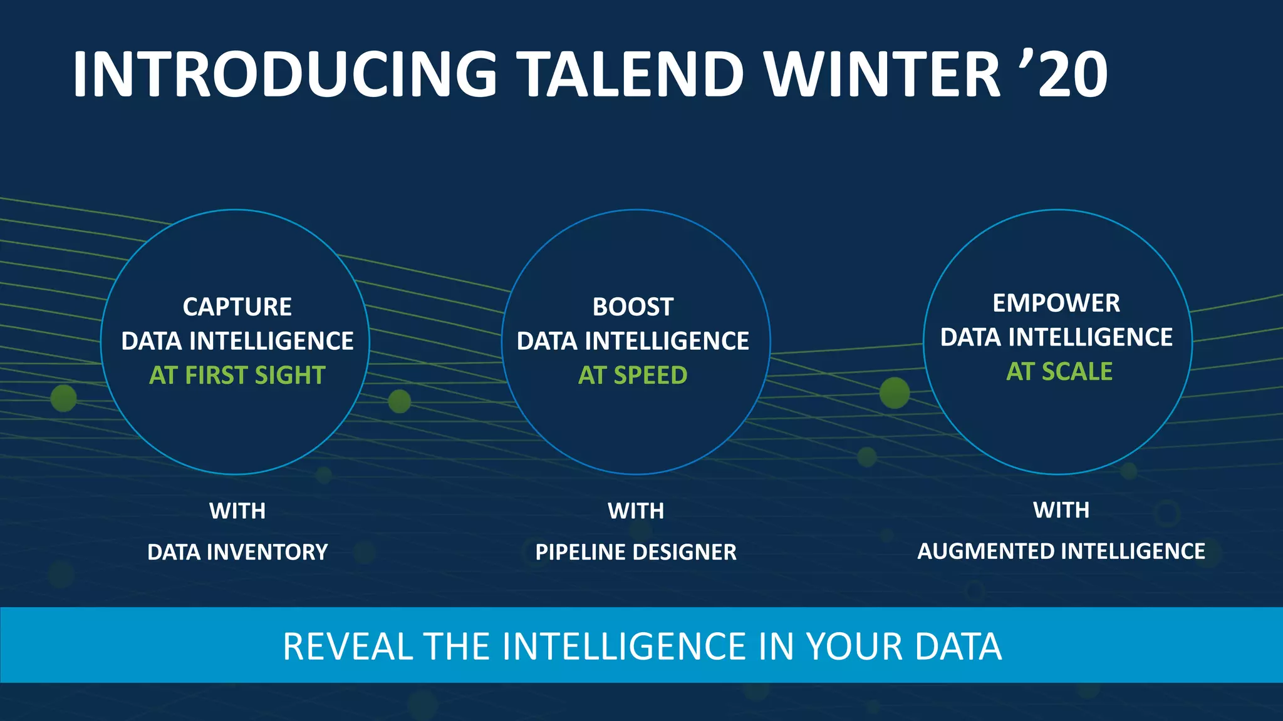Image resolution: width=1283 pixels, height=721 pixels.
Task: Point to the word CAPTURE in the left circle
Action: [x=237, y=307]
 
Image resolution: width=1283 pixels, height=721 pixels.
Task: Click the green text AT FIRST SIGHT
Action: [x=237, y=375]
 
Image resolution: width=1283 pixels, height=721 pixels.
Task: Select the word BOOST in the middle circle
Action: [x=633, y=307]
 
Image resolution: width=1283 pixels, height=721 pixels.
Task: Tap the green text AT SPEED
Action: [x=633, y=375]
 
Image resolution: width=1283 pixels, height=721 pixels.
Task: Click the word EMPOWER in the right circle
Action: [x=1056, y=303]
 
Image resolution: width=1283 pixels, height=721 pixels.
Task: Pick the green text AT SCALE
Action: [x=1059, y=371]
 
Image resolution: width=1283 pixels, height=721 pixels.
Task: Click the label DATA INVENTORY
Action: [x=237, y=552]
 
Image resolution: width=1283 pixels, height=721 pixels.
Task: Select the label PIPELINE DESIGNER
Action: [x=635, y=552]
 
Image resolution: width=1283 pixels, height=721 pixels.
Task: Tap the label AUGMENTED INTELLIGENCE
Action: [x=1061, y=551]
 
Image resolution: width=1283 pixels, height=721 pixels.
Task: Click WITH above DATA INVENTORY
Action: [x=237, y=511]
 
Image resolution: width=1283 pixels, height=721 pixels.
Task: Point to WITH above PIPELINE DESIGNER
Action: [x=635, y=511]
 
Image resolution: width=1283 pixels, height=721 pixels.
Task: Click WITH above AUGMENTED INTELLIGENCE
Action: [x=1061, y=509]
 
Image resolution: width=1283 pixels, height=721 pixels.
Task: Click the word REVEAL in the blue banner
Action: [x=348, y=647]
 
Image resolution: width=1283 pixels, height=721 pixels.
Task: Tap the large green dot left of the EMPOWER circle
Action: [x=894, y=392]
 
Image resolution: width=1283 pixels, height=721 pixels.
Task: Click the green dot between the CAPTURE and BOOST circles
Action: [x=399, y=401]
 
